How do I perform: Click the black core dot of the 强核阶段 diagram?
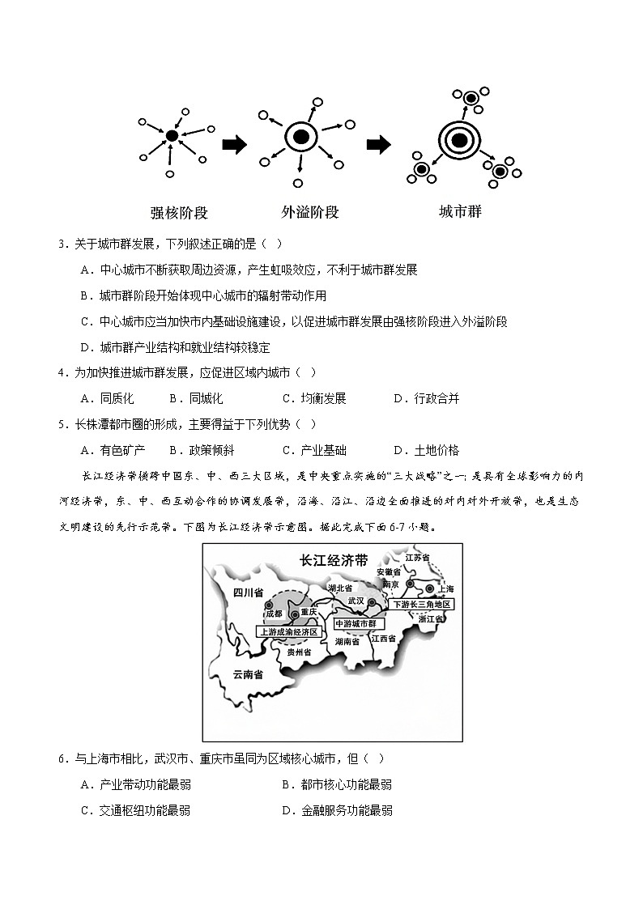172,137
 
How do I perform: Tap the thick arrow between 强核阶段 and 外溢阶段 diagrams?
234,145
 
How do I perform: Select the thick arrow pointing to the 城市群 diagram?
379,145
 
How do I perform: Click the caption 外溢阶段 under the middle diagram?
309,213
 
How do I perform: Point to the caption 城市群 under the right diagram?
459,212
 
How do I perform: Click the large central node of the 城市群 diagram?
458,141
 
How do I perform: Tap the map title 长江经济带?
333,560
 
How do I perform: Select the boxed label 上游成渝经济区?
291,631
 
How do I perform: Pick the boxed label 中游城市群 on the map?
356,623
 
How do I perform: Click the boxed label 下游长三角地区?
420,605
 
